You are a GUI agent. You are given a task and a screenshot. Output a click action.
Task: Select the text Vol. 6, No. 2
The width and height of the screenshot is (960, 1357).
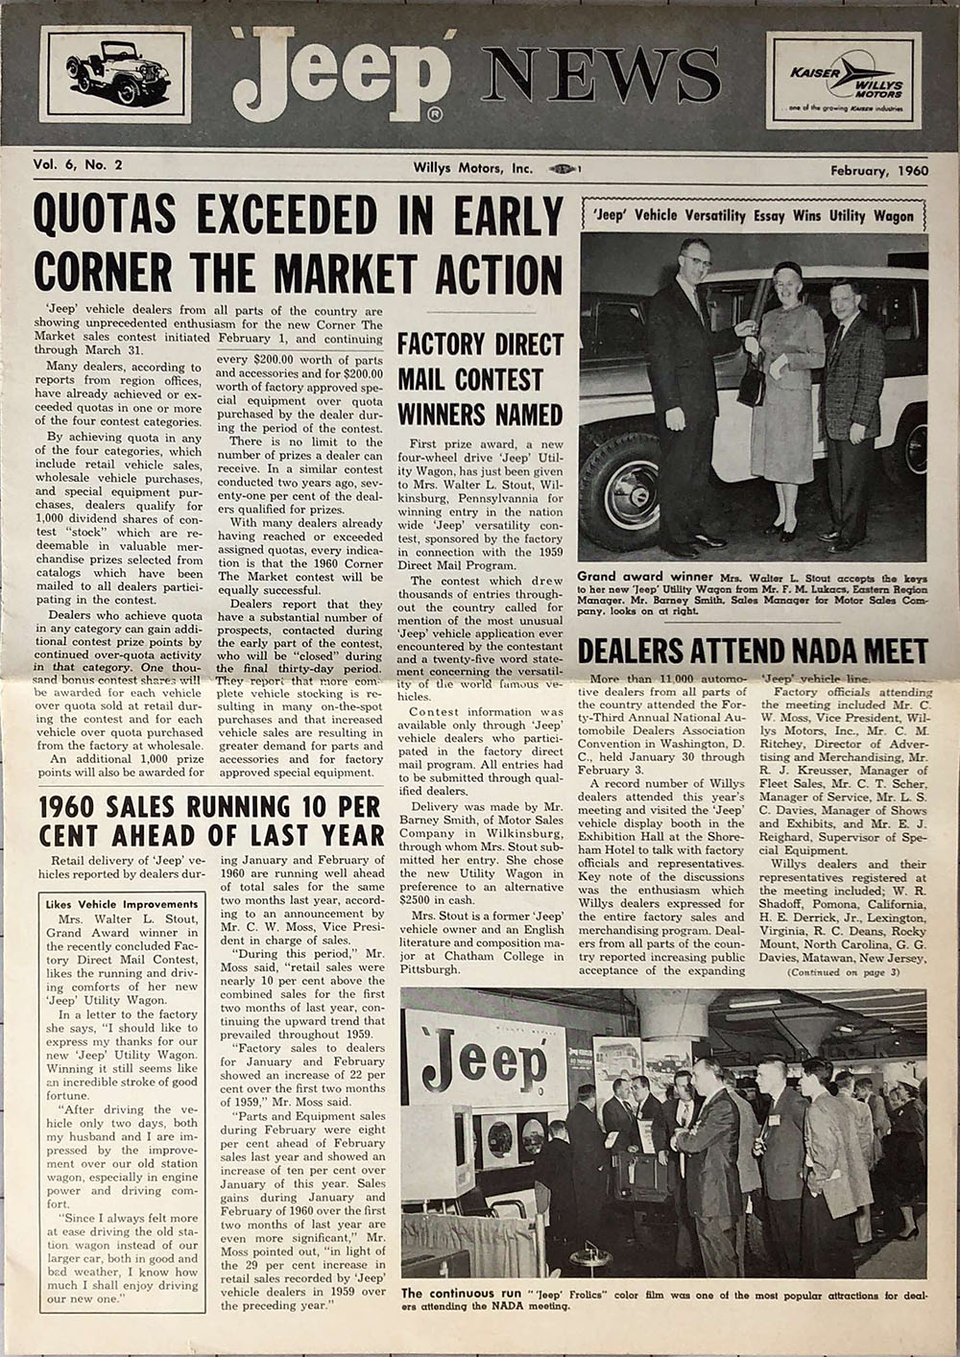79,165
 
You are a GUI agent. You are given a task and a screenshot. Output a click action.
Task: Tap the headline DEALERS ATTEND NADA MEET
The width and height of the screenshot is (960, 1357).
753,652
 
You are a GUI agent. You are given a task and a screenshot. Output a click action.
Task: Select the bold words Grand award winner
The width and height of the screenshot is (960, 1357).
633,577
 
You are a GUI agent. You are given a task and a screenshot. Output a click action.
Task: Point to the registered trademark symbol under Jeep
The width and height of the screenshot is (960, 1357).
435,116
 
